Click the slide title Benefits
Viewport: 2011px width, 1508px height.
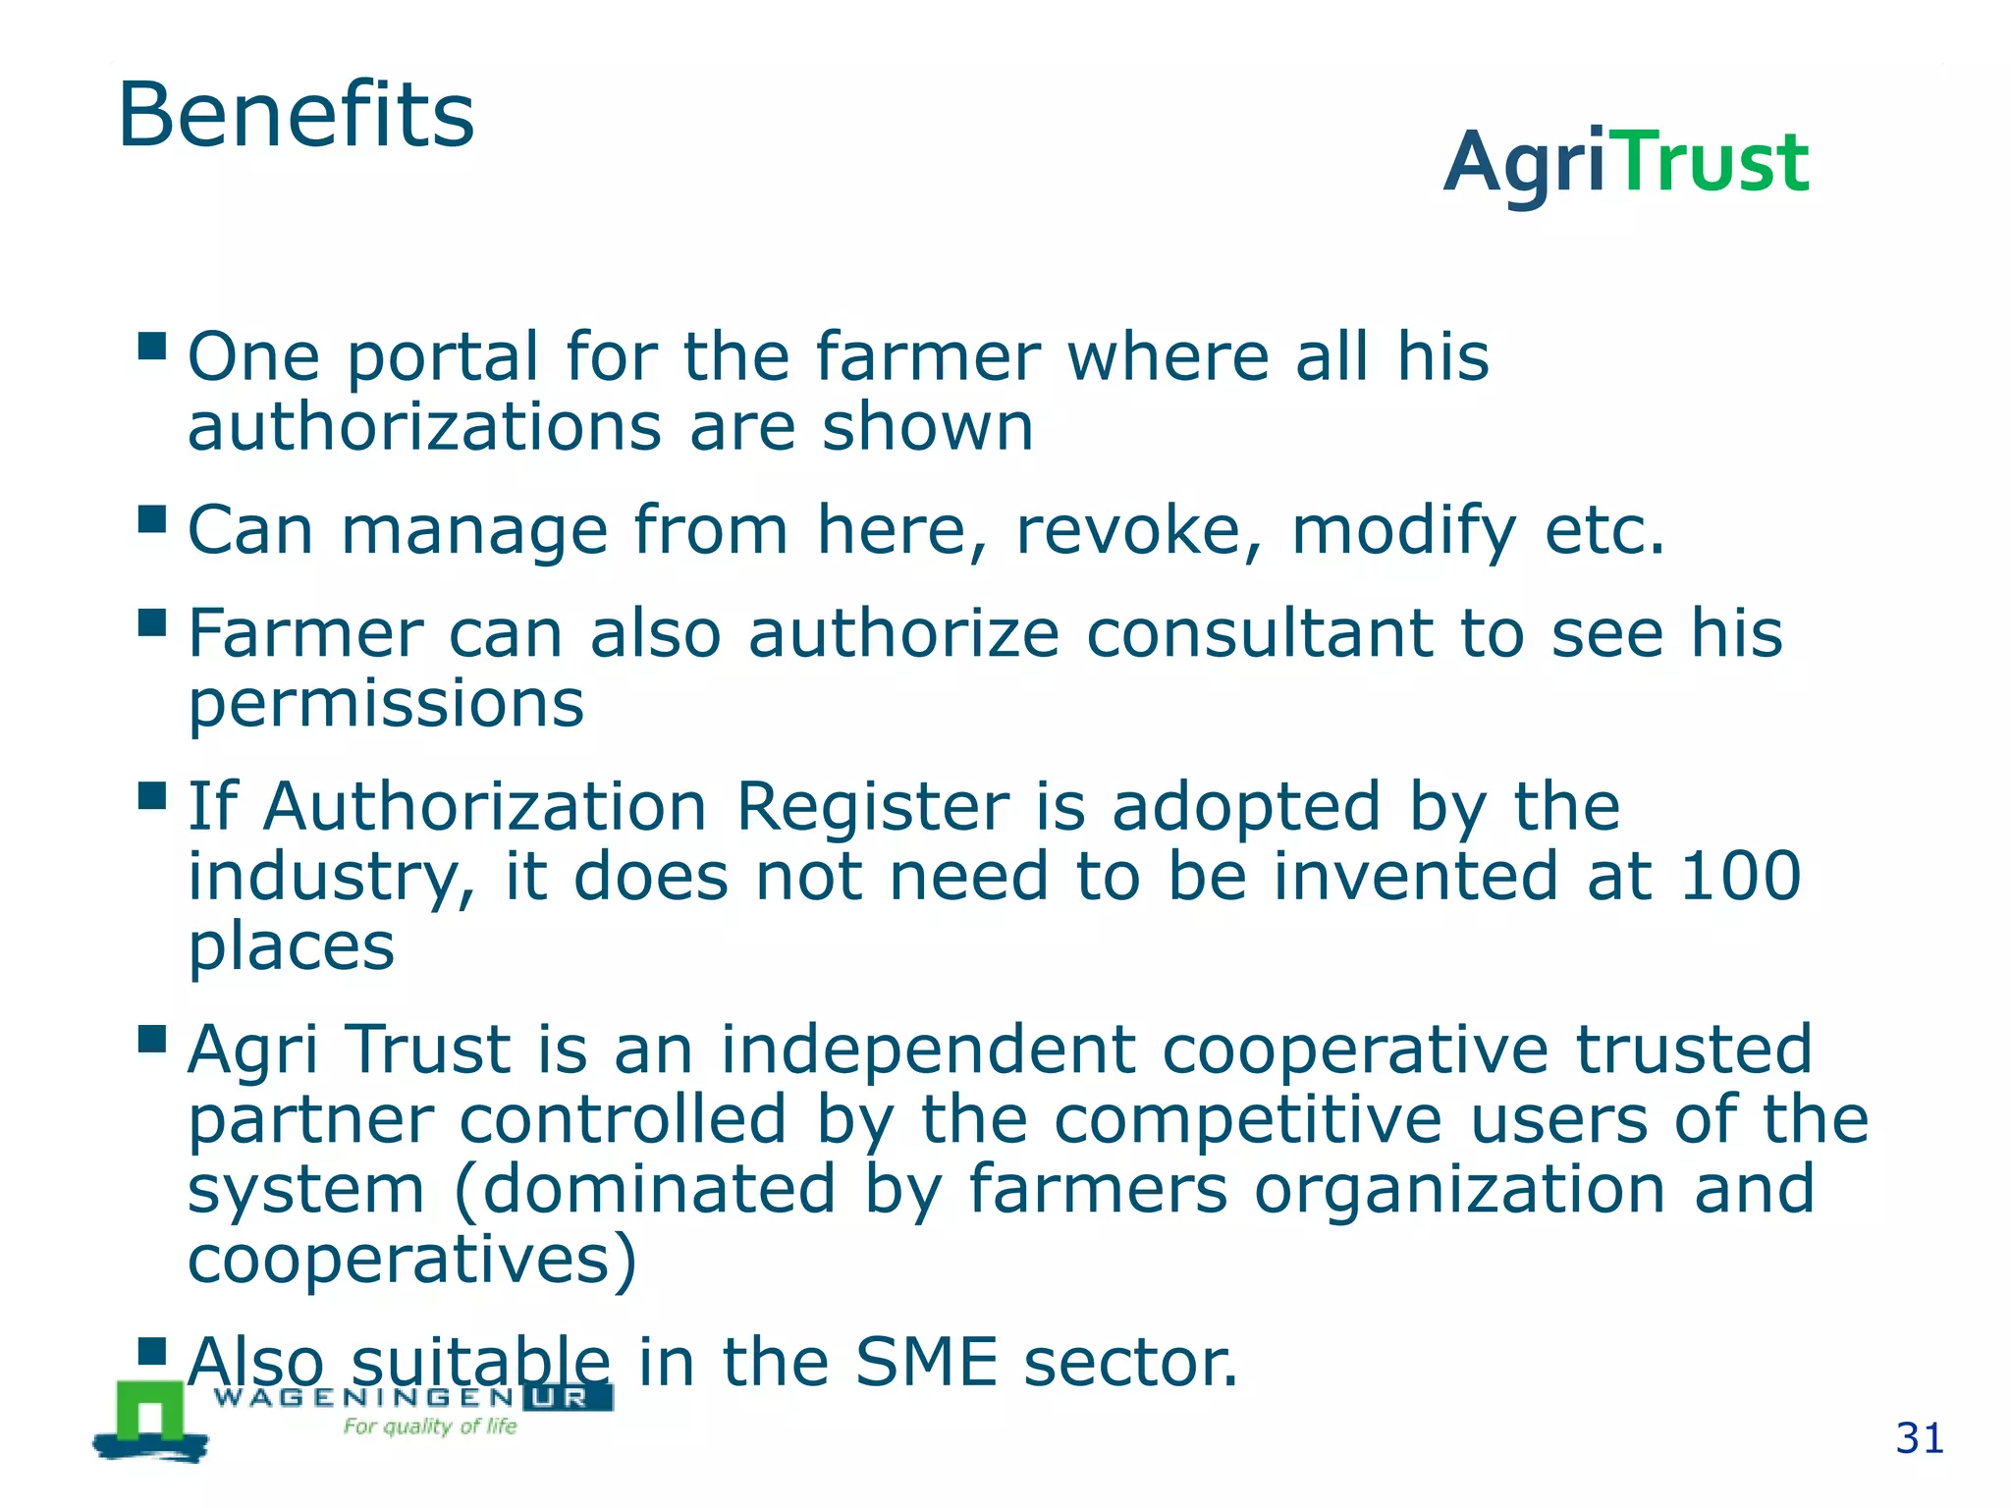(296, 115)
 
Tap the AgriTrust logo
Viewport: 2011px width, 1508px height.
(1625, 162)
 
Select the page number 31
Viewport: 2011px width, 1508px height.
(1919, 1438)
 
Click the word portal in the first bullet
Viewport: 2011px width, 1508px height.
(443, 357)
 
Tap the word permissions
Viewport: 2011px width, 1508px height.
(386, 705)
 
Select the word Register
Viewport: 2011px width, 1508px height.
(872, 808)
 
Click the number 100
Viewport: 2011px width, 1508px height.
(1740, 876)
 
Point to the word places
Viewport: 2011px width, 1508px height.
(292, 948)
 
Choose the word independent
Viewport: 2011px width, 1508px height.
(928, 1050)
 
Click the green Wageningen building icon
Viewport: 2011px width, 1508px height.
(150, 1414)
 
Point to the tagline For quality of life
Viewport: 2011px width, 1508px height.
(429, 1427)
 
